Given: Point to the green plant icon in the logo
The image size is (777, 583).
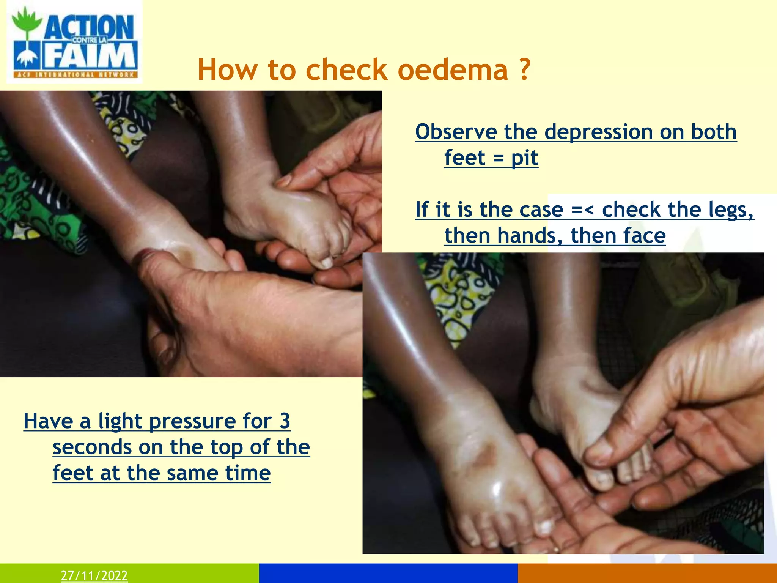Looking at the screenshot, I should pos(26,23).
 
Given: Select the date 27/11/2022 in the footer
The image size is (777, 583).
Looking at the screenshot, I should pos(94,575).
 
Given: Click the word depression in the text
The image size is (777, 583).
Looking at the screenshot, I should pos(599,132).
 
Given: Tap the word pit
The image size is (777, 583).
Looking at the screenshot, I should pos(525,158).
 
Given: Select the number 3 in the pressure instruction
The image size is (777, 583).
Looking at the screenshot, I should pos(285,421).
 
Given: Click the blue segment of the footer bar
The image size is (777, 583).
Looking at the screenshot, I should pos(388,573).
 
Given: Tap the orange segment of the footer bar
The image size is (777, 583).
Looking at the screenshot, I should pos(647,573).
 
